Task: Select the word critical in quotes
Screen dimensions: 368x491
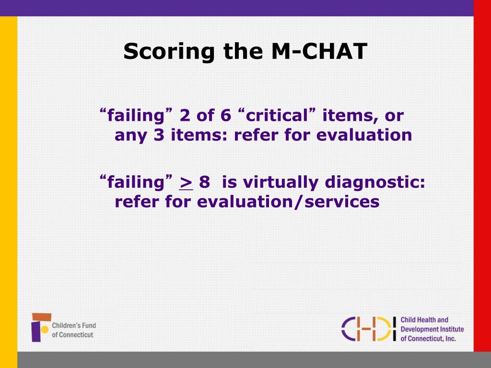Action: (x=276, y=115)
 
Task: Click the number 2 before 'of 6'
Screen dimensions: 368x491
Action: (x=185, y=115)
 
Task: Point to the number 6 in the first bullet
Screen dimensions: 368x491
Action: (x=225, y=115)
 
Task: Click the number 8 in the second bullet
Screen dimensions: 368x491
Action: (x=205, y=182)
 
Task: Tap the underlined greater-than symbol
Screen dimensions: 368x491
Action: (x=186, y=183)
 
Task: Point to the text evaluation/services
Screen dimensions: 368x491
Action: (x=288, y=202)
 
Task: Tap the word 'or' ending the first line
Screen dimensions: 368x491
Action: (x=395, y=115)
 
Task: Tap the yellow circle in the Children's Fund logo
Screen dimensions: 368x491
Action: (x=45, y=329)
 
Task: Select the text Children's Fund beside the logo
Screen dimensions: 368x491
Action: (x=74, y=326)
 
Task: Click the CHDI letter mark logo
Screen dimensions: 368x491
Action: (x=368, y=329)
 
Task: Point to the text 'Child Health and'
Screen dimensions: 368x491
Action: (x=424, y=320)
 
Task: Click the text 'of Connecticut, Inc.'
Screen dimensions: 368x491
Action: (x=428, y=339)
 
